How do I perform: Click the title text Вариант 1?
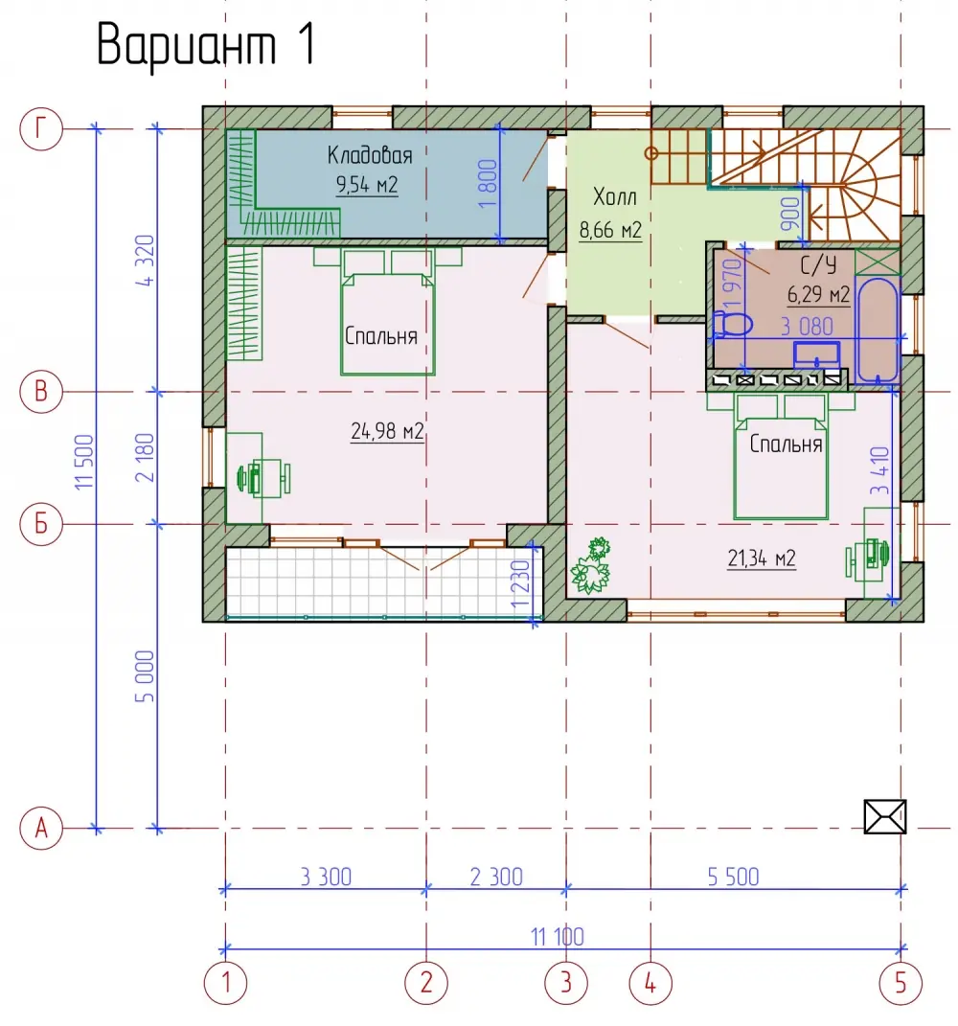(206, 44)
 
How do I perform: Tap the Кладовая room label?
(370, 156)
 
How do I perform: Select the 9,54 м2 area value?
(367, 185)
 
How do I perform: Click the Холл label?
(614, 196)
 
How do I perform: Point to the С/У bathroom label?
(818, 265)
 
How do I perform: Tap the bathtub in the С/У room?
(878, 330)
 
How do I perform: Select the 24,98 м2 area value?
(387, 431)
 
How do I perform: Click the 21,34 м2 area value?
(762, 559)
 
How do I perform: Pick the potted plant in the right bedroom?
(591, 565)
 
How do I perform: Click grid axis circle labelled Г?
(40, 129)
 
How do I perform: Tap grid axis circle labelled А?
(40, 828)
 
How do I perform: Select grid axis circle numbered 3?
(566, 982)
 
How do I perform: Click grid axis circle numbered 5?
(901, 982)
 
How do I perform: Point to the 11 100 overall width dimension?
(557, 937)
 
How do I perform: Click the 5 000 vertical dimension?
(145, 676)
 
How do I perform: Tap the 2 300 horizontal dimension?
(496, 877)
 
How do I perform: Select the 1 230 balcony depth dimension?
(521, 583)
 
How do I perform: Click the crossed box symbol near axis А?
(884, 816)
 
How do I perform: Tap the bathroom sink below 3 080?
(816, 354)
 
